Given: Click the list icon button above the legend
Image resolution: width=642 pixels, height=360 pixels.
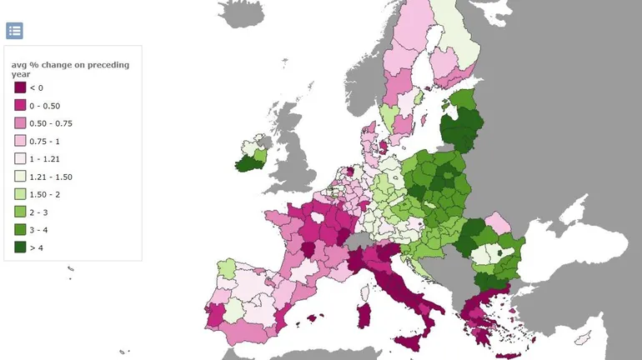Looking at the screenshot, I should pyautogui.click(x=14, y=31).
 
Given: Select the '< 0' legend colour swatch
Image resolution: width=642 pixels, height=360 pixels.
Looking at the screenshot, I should pyautogui.click(x=20, y=87).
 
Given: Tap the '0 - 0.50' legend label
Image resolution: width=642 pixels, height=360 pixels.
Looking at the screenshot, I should pyautogui.click(x=44, y=105).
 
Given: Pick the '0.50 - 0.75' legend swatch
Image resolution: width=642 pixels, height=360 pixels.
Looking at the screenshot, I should pyautogui.click(x=20, y=123).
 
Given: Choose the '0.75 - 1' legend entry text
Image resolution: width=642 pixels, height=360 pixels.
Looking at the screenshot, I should pyautogui.click(x=43, y=141).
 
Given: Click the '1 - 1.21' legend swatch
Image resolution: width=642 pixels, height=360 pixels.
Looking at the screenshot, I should pyautogui.click(x=20, y=158).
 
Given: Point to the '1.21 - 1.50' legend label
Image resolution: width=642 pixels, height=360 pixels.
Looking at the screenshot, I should pyautogui.click(x=49, y=177).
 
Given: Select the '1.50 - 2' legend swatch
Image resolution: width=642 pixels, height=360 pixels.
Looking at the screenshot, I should pyautogui.click(x=20, y=194).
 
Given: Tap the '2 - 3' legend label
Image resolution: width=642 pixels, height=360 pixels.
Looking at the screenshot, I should pyautogui.click(x=38, y=212).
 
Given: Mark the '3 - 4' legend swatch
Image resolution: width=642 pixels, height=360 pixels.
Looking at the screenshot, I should pyautogui.click(x=20, y=230).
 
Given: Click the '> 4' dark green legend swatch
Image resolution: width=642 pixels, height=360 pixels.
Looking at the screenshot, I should pyautogui.click(x=20, y=247).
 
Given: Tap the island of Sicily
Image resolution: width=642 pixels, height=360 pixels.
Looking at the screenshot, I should pyautogui.click(x=409, y=342).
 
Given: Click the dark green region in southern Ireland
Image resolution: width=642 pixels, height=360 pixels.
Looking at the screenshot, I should pyautogui.click(x=247, y=164).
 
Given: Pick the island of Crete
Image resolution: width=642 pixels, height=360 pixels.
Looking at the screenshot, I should pyautogui.click(x=505, y=357).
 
